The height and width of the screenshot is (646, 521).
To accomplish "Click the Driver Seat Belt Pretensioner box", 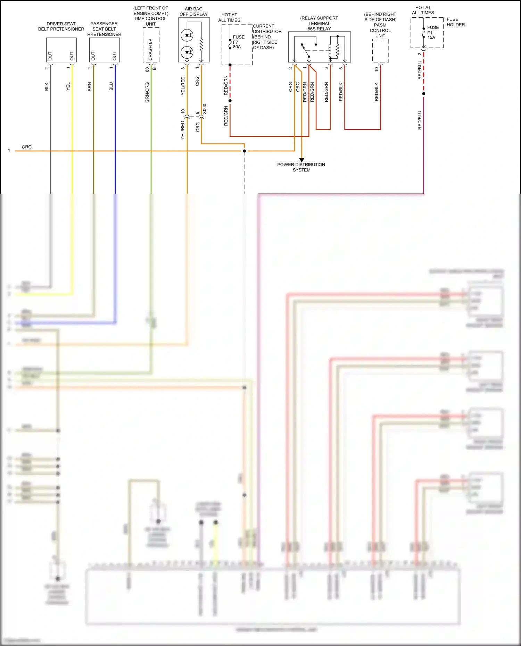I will (61, 50).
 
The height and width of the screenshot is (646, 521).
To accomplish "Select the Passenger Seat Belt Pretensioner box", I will (104, 50).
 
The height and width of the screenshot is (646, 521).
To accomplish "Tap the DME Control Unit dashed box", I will (151, 45).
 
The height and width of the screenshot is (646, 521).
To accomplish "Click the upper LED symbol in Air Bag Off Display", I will (187, 35).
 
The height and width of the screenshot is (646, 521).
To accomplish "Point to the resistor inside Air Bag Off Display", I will (201, 44).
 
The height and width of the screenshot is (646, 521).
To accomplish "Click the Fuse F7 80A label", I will (238, 42).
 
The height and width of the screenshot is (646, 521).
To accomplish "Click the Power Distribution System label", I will (301, 167).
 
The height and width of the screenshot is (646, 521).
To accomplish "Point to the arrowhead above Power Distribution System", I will (301, 160).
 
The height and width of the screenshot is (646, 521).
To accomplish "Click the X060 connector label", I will (204, 109).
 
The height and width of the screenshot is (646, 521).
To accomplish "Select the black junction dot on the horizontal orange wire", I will (244, 151).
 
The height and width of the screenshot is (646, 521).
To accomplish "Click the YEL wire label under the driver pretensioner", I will (68, 86).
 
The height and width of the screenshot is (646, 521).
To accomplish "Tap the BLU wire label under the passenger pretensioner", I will (111, 86).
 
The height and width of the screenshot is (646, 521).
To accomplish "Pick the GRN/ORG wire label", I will (147, 92).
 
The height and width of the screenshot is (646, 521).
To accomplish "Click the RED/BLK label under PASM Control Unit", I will (377, 92).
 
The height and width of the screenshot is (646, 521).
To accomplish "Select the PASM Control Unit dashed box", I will (380, 50).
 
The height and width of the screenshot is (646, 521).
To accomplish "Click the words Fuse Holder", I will (455, 22).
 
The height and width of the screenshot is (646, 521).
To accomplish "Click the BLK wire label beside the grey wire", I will (47, 87).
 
